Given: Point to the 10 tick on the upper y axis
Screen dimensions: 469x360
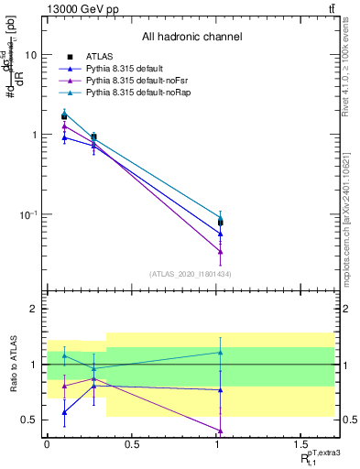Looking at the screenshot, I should [30, 55].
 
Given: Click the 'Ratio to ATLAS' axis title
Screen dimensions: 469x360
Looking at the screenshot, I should [12, 365].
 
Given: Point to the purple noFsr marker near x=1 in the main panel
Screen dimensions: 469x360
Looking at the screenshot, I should [221, 252].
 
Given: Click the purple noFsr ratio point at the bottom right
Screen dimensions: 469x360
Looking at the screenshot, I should [221, 431].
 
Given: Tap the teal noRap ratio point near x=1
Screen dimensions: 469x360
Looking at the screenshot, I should [221, 352].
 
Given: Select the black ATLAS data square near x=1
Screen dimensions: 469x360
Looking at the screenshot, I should [221, 223].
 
